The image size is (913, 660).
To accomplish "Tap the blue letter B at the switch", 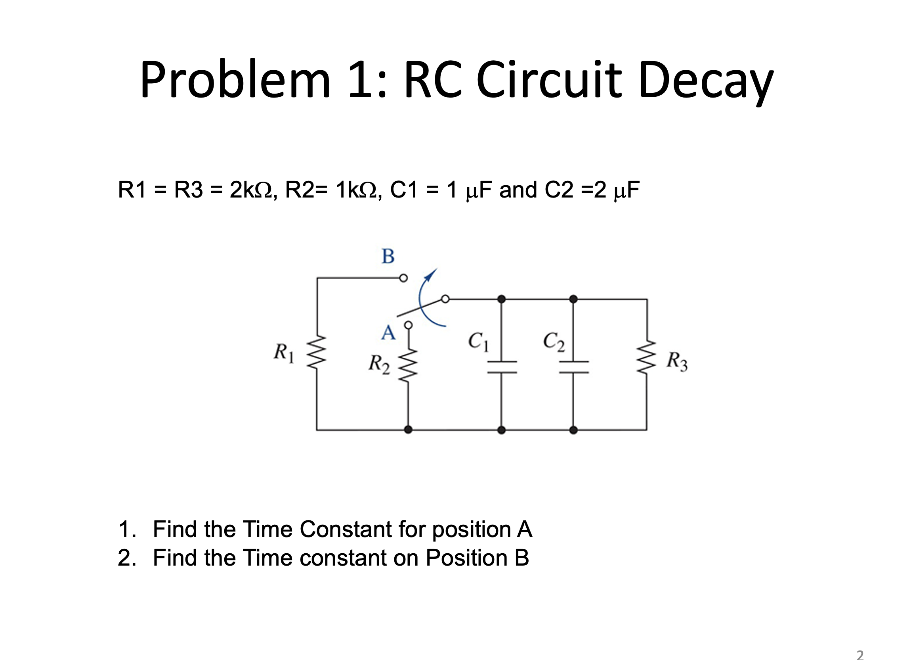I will [388, 256].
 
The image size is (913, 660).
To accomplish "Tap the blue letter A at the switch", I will [388, 333].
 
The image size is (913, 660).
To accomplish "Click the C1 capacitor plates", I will [502, 366].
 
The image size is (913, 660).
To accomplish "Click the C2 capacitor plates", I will [574, 366].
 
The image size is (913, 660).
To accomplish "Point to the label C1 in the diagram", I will [478, 341].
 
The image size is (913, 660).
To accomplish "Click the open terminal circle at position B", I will [403, 278].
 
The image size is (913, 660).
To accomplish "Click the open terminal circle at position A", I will [408, 325].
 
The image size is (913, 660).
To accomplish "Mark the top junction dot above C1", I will [501, 299].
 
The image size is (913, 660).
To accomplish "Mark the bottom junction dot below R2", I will [408, 430].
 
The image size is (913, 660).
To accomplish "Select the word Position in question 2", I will [466, 558].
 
